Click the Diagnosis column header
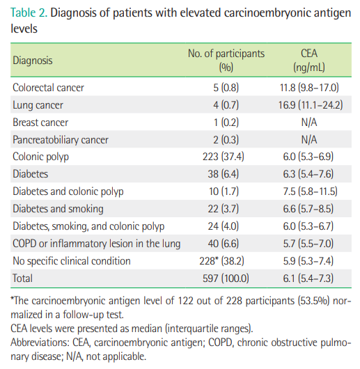click(33, 61)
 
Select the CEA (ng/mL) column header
click(309, 61)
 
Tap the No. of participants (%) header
click(226, 61)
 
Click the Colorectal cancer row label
click(48, 88)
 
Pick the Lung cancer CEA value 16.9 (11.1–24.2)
click(311, 105)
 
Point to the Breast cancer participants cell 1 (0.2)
click(226, 123)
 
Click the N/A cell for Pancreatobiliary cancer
click(309, 140)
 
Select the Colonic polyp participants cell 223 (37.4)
click(224, 157)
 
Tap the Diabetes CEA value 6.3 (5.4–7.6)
click(308, 174)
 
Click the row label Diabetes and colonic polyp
click(68, 191)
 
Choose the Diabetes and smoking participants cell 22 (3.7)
click(223, 209)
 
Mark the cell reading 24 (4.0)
click(223, 226)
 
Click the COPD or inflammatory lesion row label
click(97, 244)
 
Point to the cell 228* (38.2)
click(221, 261)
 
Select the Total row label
click(22, 278)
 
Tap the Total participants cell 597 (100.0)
click(226, 278)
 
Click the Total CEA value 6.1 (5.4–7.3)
click(308, 278)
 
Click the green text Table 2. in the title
click(29, 13)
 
